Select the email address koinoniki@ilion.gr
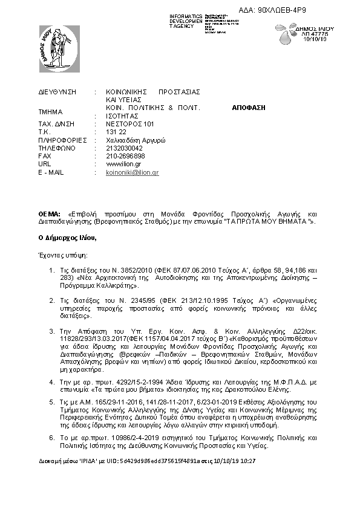(132, 172)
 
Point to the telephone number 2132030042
(124, 148)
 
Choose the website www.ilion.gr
(123, 164)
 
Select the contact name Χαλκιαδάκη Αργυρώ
(136, 140)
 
